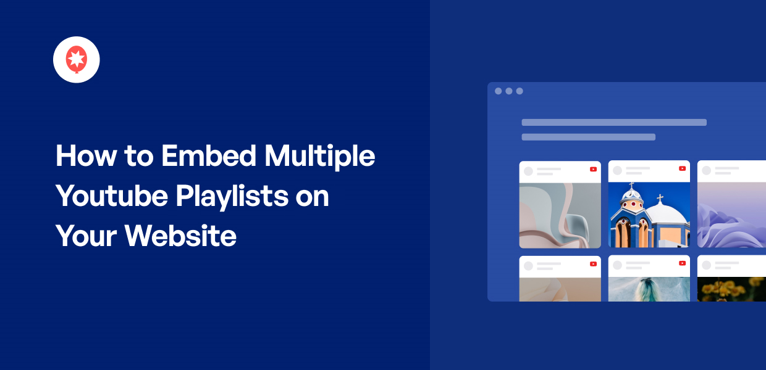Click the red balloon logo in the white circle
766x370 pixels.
point(77,59)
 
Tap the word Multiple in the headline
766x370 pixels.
point(319,156)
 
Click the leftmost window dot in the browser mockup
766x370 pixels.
point(499,91)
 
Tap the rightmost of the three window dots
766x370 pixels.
point(520,91)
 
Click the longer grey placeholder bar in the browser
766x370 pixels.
point(614,122)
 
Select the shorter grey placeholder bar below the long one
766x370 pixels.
point(588,137)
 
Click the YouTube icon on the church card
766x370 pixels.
point(682,169)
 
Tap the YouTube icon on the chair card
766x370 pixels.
point(593,169)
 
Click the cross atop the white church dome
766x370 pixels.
point(660,199)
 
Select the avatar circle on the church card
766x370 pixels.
point(617,170)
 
